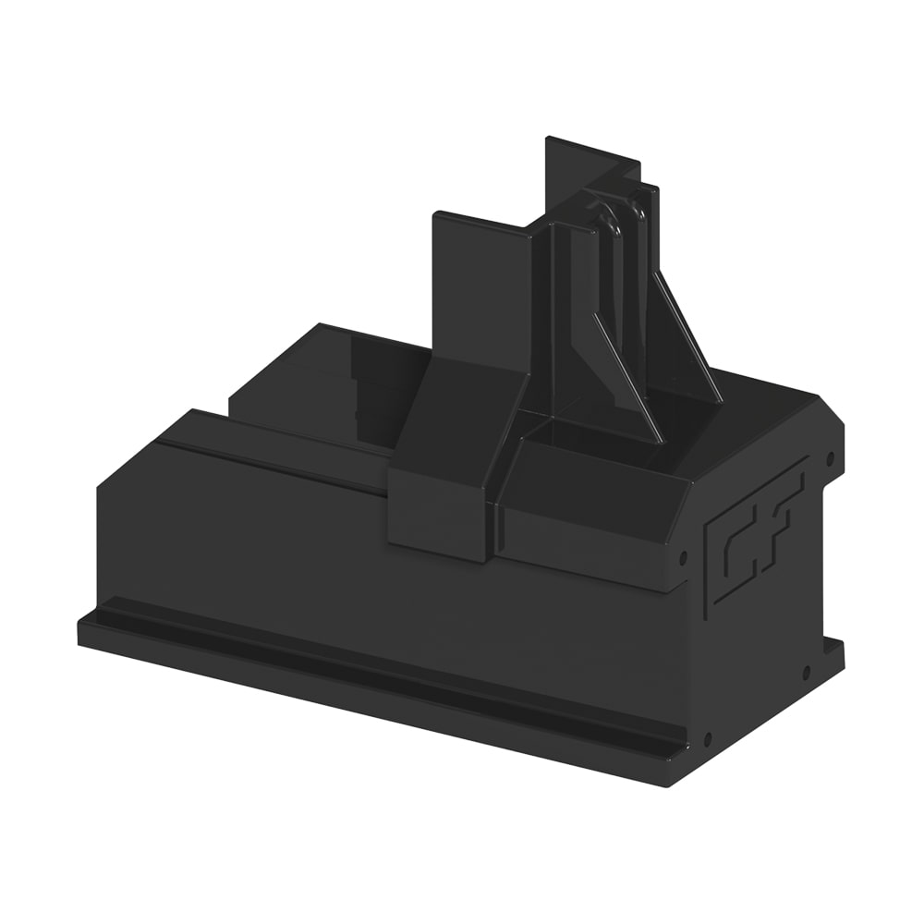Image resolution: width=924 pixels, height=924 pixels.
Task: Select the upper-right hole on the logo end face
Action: coord(831,456)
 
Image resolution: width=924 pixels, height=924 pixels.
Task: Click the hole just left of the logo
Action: coord(683,555)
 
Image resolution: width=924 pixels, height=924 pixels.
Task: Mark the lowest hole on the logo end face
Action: coord(708,736)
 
